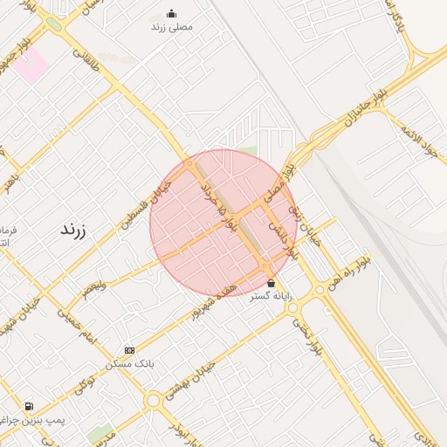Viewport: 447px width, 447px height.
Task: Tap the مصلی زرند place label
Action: point(171,26)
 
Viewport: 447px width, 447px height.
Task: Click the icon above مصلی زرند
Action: point(171,13)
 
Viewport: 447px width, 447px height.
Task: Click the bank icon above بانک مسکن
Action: point(130,350)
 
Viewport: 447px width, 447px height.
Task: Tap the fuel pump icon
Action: point(30,406)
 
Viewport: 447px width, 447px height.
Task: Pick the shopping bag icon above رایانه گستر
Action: point(272,283)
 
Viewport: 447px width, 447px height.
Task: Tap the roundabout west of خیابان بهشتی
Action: point(154,400)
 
